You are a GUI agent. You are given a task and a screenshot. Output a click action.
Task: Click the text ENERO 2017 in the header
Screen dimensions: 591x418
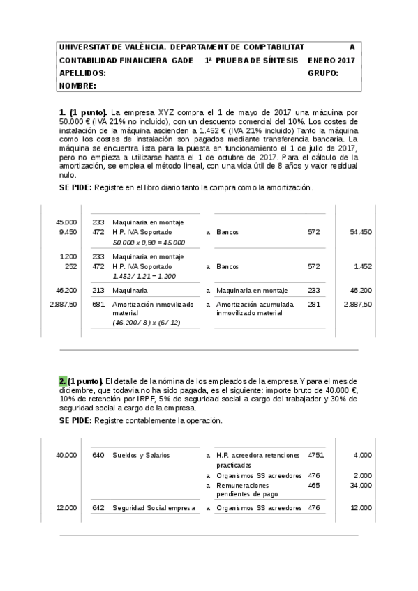331,61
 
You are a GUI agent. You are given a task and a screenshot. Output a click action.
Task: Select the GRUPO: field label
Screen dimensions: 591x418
322,73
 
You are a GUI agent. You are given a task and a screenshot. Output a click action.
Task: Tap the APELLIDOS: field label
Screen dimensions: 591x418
82,73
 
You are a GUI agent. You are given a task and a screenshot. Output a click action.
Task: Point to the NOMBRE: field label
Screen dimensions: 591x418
77,86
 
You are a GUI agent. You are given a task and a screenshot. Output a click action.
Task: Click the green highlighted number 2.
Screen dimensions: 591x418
62,381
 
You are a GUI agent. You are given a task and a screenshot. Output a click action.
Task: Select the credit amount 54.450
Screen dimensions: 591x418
361,232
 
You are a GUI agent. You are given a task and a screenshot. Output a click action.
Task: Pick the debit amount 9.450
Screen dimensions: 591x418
68,232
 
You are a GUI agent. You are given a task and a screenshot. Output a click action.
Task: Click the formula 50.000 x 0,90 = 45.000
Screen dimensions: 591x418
149,242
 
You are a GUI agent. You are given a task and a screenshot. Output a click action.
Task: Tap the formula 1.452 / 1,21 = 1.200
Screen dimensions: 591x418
144,276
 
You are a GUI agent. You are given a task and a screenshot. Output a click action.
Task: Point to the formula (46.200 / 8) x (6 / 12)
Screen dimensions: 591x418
146,323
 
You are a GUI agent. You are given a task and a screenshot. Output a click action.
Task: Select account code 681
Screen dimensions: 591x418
98,305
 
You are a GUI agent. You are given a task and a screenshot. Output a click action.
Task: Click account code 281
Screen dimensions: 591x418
314,305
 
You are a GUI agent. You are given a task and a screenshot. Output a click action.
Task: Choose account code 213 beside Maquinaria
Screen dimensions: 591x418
98,290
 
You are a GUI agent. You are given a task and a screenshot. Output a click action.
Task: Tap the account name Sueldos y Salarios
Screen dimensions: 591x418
141,455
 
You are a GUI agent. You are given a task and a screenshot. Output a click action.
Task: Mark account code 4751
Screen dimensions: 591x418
315,455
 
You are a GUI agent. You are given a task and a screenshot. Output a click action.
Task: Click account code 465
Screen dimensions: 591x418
314,485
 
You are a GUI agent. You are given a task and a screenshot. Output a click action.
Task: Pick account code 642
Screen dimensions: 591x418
98,508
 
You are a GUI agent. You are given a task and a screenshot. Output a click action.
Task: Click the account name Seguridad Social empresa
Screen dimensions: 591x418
154,508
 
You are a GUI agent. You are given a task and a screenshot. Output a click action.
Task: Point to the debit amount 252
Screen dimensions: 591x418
70,266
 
